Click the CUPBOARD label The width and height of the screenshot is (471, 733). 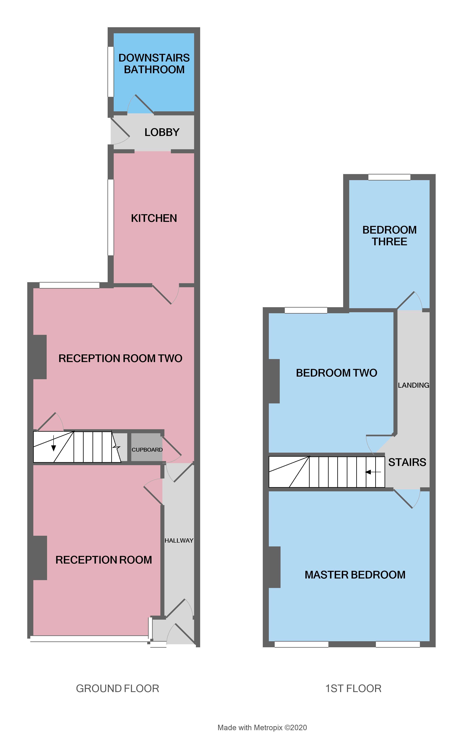click(147, 450)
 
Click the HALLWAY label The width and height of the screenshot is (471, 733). click(179, 541)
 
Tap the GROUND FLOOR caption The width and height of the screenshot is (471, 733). click(117, 688)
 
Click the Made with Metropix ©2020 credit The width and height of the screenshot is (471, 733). click(262, 728)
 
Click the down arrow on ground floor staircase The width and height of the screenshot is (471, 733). click(54, 444)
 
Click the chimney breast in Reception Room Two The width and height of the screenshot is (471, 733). click(40, 357)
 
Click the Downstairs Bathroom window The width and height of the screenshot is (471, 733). click(110, 72)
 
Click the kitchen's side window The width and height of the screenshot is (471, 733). click(110, 217)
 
